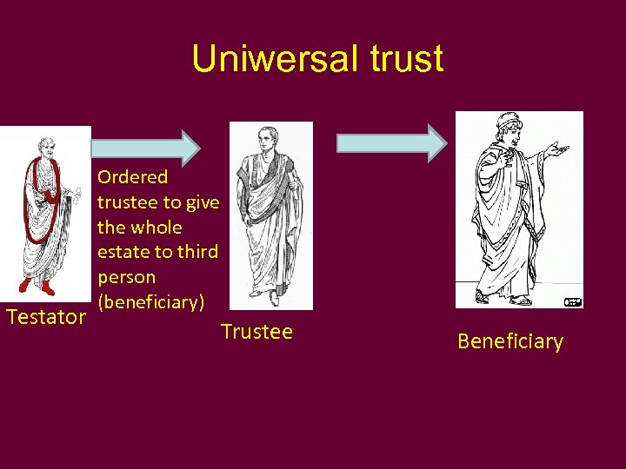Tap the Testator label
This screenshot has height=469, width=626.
(45, 317)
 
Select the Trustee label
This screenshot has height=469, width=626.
(256, 332)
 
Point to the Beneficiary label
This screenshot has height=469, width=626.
(510, 341)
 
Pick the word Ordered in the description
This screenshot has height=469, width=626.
(133, 177)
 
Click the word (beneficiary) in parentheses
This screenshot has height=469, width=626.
(151, 302)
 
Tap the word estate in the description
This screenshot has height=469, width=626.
(123, 253)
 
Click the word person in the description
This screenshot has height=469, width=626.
(127, 278)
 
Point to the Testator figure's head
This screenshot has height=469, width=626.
(42, 145)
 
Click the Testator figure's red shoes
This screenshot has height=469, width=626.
(37, 286)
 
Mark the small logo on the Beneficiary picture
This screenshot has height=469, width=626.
(572, 301)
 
